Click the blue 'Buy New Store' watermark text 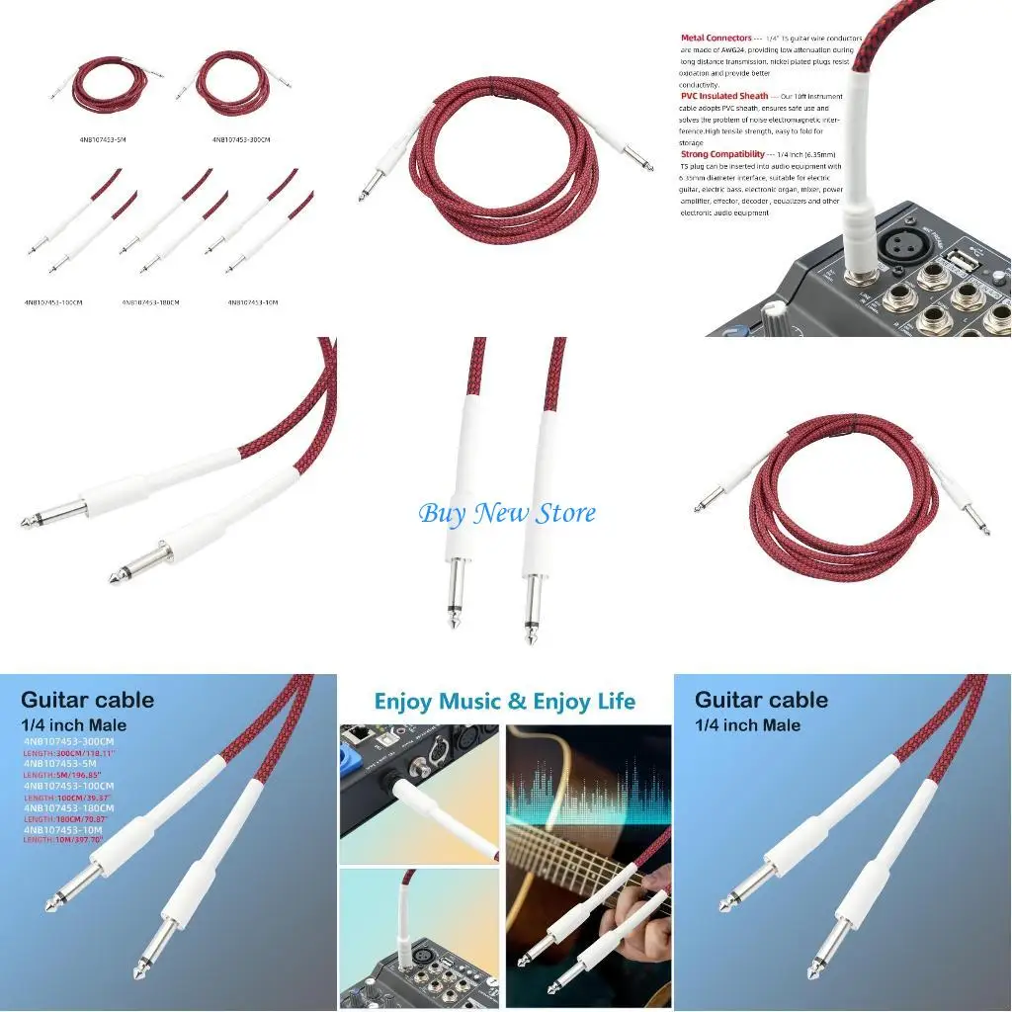(507, 513)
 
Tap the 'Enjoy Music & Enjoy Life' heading (504, 702)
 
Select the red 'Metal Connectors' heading (717, 39)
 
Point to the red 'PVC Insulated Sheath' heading (724, 96)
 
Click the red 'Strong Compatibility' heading (722, 154)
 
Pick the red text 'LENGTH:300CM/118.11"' (69, 753)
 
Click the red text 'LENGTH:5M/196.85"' (64, 775)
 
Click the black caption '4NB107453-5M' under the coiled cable (103, 140)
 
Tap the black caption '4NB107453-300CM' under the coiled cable (241, 140)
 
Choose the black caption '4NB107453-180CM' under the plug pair (150, 302)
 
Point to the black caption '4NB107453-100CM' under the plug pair (53, 302)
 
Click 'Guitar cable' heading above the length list (88, 700)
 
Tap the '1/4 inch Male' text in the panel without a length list (747, 725)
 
